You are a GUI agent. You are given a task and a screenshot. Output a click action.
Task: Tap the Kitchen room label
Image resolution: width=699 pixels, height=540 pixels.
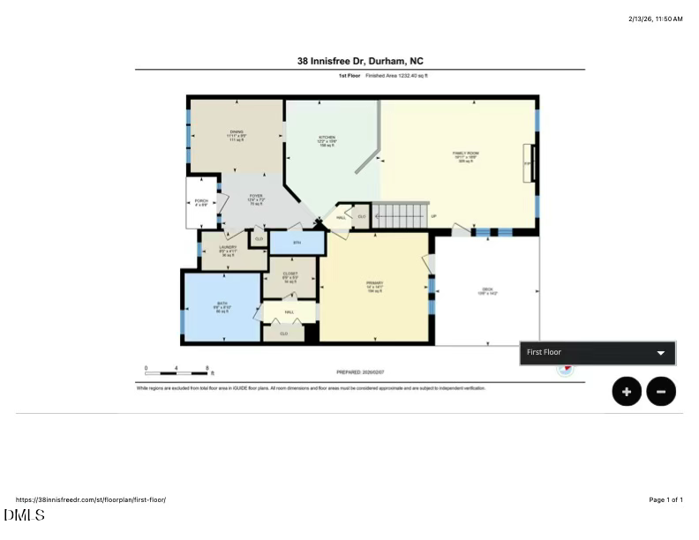[327, 141]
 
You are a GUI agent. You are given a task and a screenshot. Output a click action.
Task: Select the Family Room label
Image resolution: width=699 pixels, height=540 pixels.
[465, 157]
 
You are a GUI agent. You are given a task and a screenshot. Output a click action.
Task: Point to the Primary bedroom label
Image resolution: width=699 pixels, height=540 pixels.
[374, 287]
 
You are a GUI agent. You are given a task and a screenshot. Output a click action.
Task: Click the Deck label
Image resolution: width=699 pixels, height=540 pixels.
[486, 292]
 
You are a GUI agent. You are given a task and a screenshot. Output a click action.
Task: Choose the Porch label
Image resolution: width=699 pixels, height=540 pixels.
[200, 203]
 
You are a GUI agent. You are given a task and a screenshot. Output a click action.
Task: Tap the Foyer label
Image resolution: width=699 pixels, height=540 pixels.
[256, 199]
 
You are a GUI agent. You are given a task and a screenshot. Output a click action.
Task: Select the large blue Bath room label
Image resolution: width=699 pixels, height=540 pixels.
[222, 307]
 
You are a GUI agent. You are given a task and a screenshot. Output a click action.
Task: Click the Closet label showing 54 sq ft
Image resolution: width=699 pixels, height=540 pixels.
[289, 277]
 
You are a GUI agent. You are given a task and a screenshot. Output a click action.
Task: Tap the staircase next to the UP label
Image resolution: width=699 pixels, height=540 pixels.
[399, 215]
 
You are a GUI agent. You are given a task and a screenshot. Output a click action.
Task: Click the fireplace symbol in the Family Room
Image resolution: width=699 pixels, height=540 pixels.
[529, 163]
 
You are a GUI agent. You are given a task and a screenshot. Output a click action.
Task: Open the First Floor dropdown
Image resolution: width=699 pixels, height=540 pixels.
[598, 353]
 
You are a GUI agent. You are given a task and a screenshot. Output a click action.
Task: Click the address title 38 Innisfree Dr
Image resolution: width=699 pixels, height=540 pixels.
[359, 61]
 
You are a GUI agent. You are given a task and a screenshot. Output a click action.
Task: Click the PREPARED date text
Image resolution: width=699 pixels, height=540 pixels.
[360, 372]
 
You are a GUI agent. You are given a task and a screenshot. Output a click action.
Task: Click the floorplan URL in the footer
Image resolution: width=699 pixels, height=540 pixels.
[91, 499]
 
